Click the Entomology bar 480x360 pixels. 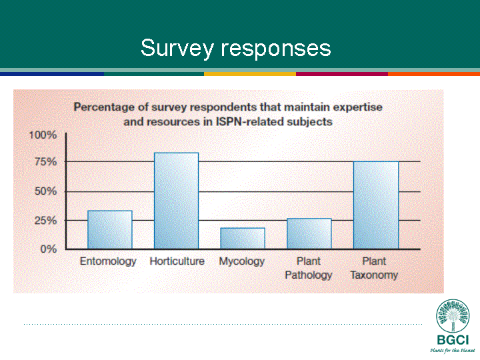(110, 229)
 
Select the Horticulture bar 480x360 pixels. (176, 201)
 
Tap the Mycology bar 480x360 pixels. (243, 239)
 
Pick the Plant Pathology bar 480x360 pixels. (309, 233)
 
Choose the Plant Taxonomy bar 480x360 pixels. (376, 205)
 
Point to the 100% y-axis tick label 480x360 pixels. (43, 135)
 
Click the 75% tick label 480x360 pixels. (45, 161)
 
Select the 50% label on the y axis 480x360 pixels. (45, 191)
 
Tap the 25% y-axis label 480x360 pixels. (45, 221)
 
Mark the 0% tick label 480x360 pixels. (49, 249)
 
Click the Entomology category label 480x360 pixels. (108, 262)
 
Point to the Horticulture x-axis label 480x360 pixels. (177, 261)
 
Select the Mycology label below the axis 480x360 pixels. (242, 262)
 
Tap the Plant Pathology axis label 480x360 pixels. (309, 269)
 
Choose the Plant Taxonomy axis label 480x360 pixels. (374, 269)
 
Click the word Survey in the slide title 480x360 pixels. (177, 48)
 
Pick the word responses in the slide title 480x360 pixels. (276, 49)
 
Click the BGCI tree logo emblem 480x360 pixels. (453, 315)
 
